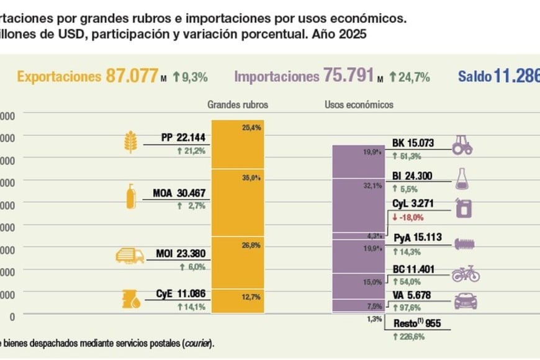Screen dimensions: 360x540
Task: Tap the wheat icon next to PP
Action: tap(130, 142)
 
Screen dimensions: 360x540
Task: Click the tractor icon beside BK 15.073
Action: tap(462, 145)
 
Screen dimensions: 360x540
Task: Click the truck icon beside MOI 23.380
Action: tap(130, 254)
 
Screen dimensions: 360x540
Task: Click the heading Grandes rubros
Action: tap(238, 105)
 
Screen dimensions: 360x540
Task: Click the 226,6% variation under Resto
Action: tap(412, 337)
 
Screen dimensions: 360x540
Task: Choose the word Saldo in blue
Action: tap(474, 77)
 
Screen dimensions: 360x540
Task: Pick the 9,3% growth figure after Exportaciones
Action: tap(194, 78)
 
